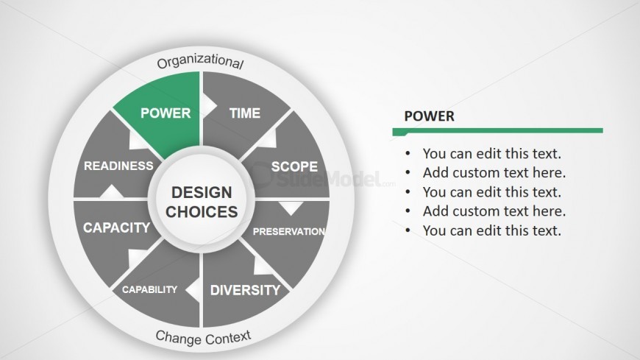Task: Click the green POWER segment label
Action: (166, 113)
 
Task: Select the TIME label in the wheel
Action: (244, 113)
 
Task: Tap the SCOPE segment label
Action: (294, 166)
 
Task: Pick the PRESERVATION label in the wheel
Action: (289, 232)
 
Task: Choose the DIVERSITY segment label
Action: (245, 290)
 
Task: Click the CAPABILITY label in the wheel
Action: (149, 290)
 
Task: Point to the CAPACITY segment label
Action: (117, 227)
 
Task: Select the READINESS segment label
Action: (118, 166)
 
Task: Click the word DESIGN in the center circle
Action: (202, 192)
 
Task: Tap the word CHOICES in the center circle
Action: (202, 212)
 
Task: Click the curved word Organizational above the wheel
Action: (200, 61)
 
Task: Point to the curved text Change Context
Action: (203, 337)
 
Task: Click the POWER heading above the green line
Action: (429, 116)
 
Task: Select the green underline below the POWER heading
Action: (497, 132)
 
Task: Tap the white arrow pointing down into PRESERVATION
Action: (291, 208)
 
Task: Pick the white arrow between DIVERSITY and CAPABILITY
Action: (193, 290)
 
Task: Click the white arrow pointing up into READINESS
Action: (111, 191)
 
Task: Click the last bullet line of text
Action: (492, 230)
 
